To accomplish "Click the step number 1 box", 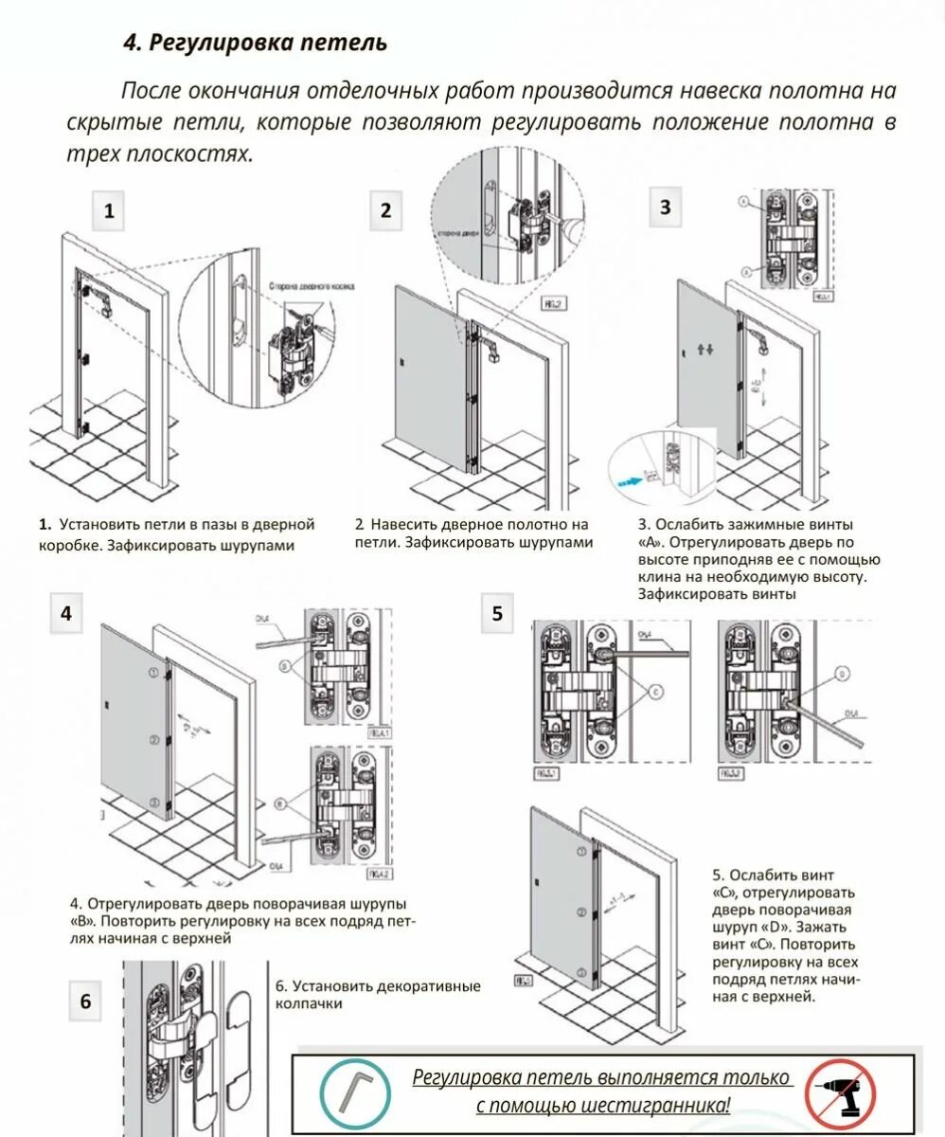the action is click(109, 211).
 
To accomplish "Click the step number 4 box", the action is click(65, 612).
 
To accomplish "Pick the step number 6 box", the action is click(85, 1002).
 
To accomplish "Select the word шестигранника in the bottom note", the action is click(658, 1105).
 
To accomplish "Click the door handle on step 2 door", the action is click(403, 364).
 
